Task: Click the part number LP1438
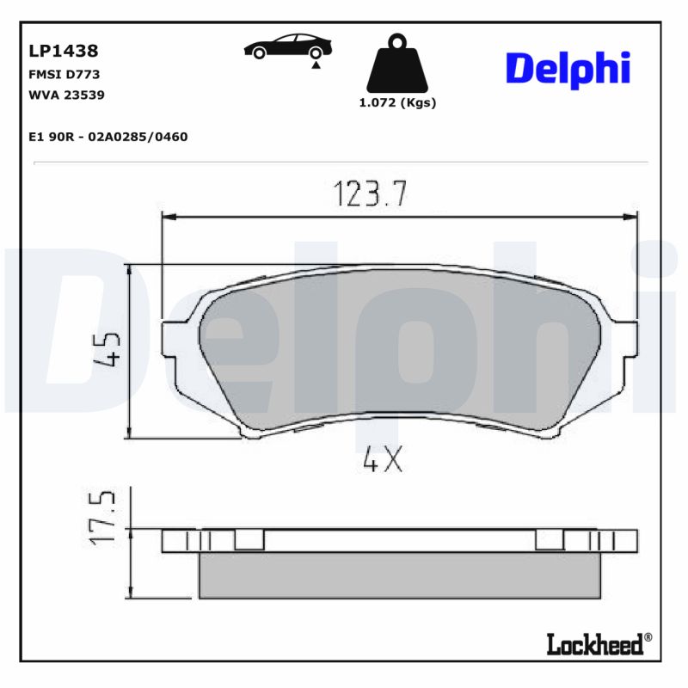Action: pyautogui.click(x=64, y=51)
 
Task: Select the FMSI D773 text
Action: pyautogui.click(x=64, y=74)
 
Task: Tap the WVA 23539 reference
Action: pyautogui.click(x=67, y=95)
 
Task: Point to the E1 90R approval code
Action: pyautogui.click(x=108, y=137)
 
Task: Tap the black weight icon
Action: pyautogui.click(x=396, y=65)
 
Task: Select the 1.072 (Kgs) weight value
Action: pyautogui.click(x=396, y=102)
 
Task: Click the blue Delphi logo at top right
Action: pyautogui.click(x=568, y=68)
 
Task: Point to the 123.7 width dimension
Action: pyautogui.click(x=369, y=194)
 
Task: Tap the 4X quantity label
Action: pyautogui.click(x=383, y=462)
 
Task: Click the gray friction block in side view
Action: pyautogui.click(x=399, y=574)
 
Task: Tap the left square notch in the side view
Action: pyautogui.click(x=249, y=539)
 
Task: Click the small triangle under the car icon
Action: pyautogui.click(x=316, y=64)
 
